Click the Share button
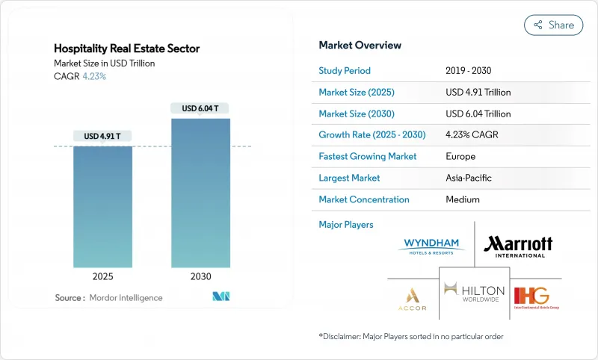click(x=554, y=25)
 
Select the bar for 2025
click(x=103, y=205)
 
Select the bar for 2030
click(x=201, y=191)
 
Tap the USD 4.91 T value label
click(x=103, y=136)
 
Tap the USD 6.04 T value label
click(x=201, y=108)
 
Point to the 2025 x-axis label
click(x=103, y=276)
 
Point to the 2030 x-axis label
click(x=201, y=276)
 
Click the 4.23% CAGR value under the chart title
click(x=93, y=75)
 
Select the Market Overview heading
click(x=360, y=45)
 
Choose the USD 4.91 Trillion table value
click(x=478, y=93)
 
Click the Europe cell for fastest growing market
click(x=460, y=157)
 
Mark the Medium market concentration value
click(x=463, y=200)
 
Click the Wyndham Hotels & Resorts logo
click(x=433, y=245)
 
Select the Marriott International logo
click(x=518, y=244)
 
